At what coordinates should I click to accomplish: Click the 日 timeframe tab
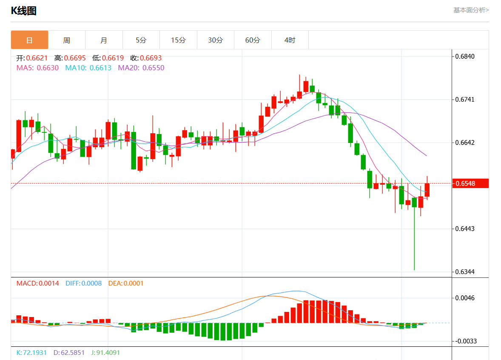(x=29, y=40)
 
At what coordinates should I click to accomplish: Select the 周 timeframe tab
(x=67, y=40)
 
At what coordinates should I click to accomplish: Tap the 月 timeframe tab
(x=104, y=40)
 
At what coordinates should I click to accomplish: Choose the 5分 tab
(x=141, y=40)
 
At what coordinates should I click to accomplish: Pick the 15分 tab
(x=178, y=40)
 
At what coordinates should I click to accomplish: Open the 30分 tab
(x=215, y=40)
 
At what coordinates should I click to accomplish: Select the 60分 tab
(x=253, y=40)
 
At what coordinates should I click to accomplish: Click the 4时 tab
(x=290, y=40)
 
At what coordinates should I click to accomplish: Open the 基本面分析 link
(x=471, y=10)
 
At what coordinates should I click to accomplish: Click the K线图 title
(x=24, y=11)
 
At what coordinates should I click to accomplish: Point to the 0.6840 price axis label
(x=465, y=57)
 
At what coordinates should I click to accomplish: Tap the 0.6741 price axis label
(x=465, y=100)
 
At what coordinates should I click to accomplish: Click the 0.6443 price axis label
(x=465, y=229)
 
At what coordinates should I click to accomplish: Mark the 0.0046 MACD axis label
(x=465, y=298)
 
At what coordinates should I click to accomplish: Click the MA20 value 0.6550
(x=153, y=68)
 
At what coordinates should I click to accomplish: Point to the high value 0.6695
(x=75, y=58)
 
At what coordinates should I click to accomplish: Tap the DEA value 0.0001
(x=134, y=283)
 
